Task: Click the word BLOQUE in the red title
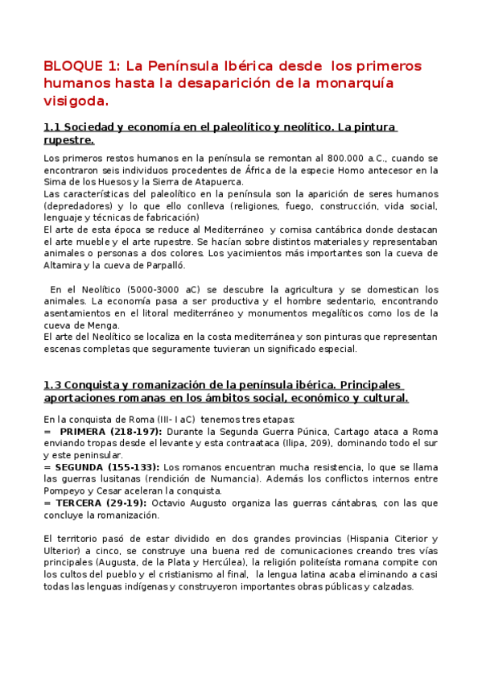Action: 71,65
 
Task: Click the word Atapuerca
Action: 219,181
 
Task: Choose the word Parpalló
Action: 164,265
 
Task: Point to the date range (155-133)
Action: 133,466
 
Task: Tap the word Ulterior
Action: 62,550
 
